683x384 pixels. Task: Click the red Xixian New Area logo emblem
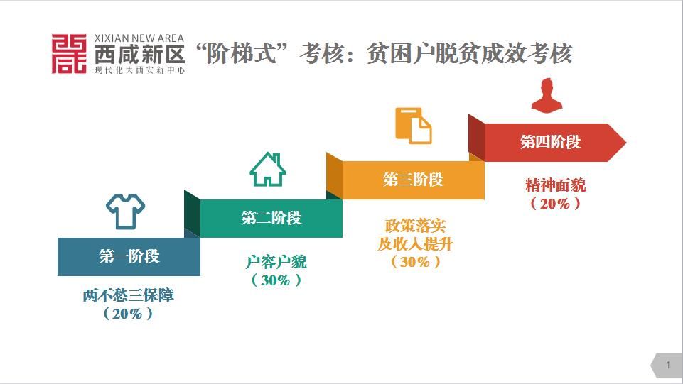coord(69,53)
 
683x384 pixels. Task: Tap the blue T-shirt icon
coord(126,211)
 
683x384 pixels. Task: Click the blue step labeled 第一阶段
coord(129,256)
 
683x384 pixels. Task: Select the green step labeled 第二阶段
coord(271,218)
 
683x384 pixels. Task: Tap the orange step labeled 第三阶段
coord(413,180)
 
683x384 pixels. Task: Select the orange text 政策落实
coord(415,226)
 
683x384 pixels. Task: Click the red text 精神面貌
coord(556,186)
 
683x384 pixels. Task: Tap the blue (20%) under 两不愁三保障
coord(128,314)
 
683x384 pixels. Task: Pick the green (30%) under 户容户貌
coord(276,280)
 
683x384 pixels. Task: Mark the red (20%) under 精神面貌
coord(556,204)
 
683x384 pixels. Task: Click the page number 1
coord(668,365)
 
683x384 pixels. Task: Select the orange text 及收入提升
coord(415,244)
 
